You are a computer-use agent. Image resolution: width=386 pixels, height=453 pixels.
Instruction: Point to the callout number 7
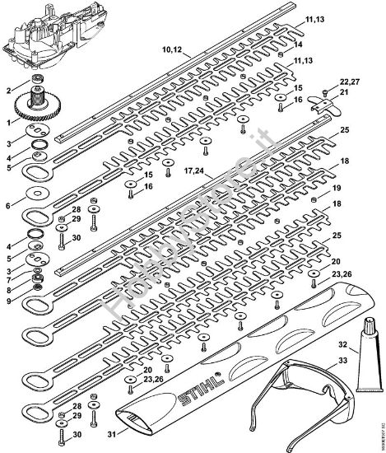point(9,281)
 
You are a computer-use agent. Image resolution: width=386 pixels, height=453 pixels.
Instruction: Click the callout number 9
point(9,301)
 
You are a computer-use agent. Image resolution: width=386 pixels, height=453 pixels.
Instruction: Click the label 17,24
point(194,172)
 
